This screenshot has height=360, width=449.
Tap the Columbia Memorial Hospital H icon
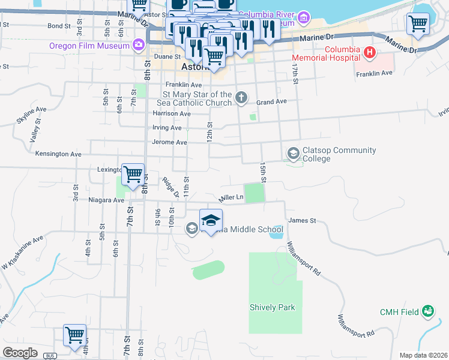point(370,53)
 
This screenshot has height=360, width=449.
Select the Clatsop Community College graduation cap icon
point(294,154)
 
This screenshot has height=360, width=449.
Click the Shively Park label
point(273,307)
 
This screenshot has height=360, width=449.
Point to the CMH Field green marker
point(428,311)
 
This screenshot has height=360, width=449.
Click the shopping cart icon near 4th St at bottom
point(74,335)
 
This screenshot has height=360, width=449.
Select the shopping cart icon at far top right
point(418,25)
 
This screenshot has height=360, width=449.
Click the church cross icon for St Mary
point(241,98)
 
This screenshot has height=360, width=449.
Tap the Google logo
point(20,353)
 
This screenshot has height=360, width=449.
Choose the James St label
point(302,221)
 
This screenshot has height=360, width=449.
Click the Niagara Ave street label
point(106,200)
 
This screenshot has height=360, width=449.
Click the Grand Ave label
point(271,103)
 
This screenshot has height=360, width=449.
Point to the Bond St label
point(59,26)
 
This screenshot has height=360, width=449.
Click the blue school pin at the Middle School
point(211,220)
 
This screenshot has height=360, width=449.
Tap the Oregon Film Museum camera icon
point(139,44)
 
